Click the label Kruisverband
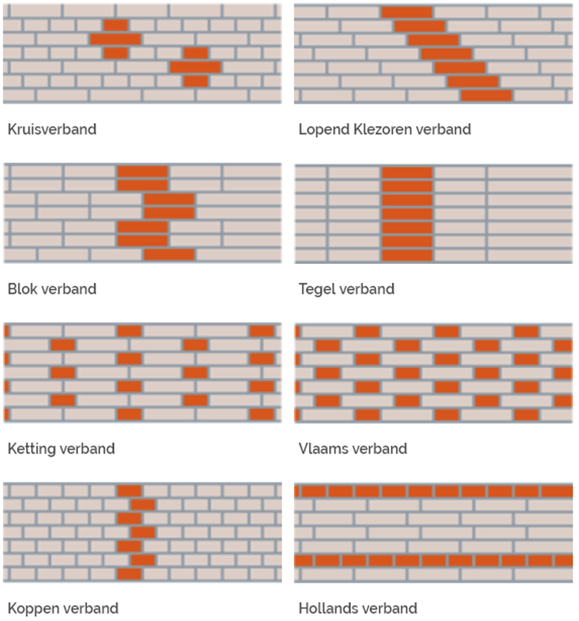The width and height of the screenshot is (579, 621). [x=52, y=129]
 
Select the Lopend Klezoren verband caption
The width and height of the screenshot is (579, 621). [x=384, y=129]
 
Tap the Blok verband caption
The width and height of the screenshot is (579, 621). [x=52, y=289]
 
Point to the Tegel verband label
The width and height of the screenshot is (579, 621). [x=346, y=289]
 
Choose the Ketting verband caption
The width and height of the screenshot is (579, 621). [x=61, y=449]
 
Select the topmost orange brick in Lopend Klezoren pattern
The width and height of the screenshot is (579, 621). [x=407, y=12]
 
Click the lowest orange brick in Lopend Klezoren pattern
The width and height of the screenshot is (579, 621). [x=486, y=95]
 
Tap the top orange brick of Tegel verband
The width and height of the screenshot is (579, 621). [x=407, y=172]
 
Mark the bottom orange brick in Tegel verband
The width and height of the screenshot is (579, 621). [x=407, y=255]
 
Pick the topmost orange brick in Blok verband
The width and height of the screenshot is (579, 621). [x=142, y=172]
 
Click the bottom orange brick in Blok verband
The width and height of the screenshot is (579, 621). [x=169, y=255]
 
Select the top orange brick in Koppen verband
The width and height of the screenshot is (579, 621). [x=129, y=491]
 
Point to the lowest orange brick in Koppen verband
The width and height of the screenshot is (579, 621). [x=129, y=574]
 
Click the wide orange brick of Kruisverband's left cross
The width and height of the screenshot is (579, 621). [x=116, y=39]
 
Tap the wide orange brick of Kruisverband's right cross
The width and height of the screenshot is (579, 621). [x=195, y=67]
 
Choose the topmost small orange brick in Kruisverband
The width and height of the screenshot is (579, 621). [x=116, y=25]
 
